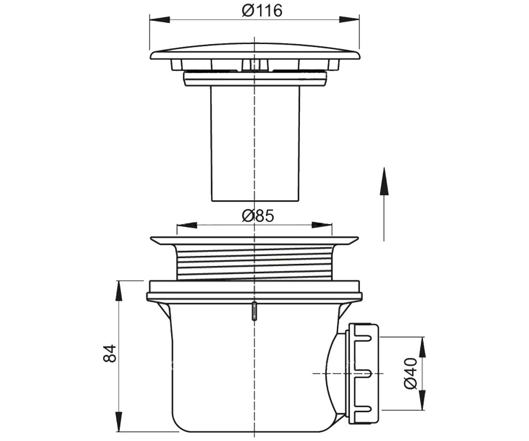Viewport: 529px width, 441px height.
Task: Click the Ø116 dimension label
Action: [262, 11]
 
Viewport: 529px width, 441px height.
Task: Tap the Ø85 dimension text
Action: [258, 216]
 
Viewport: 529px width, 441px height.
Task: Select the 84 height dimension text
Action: [110, 353]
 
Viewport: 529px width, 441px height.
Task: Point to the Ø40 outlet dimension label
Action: [410, 373]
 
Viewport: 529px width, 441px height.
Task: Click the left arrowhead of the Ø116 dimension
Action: [160, 19]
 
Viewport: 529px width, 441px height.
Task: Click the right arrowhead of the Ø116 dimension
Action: [350, 19]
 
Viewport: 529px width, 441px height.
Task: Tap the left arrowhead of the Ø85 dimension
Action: [187, 225]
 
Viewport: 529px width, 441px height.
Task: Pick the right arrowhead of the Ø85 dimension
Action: [322, 225]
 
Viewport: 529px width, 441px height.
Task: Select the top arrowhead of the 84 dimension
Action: [119, 291]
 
